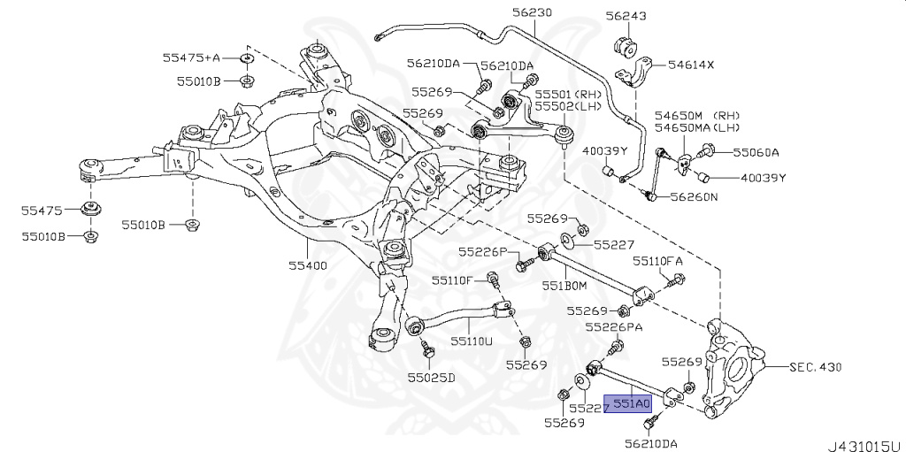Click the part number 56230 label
pos(531,13)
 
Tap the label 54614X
pos(691,65)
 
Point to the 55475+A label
pos(190,57)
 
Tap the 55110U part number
pos(470,339)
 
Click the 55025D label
pos(431,378)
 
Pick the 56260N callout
pos(695,197)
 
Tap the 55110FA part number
pos(657,261)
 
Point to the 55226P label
pos(482,253)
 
